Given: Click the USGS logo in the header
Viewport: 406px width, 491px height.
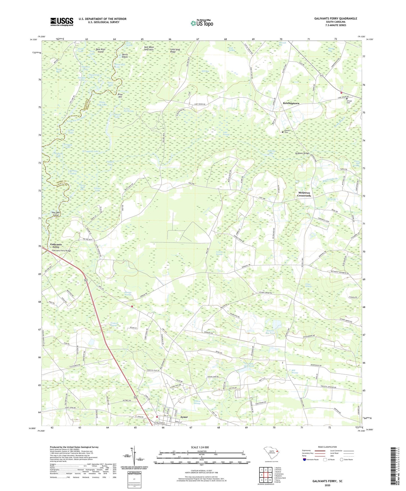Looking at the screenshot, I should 62,22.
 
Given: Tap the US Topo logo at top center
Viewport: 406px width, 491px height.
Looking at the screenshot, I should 201,23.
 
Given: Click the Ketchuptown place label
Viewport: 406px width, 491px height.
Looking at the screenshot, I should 291,103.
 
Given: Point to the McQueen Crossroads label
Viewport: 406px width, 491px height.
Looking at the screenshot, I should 304,194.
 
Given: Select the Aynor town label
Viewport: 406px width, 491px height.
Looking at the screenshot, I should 184,417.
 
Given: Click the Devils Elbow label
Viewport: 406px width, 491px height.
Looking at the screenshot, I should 121,55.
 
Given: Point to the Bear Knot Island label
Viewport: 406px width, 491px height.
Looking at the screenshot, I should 100,51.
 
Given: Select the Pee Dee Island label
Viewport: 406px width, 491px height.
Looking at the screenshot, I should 56,214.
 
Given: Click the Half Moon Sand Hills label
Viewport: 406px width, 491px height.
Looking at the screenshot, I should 149,48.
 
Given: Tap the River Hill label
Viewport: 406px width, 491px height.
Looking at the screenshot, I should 120,96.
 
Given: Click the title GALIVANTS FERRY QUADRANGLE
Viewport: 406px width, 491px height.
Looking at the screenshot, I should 335,19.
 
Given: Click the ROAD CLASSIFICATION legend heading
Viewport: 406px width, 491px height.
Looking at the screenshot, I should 328,447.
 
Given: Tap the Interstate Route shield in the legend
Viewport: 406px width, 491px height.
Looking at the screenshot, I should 305,460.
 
